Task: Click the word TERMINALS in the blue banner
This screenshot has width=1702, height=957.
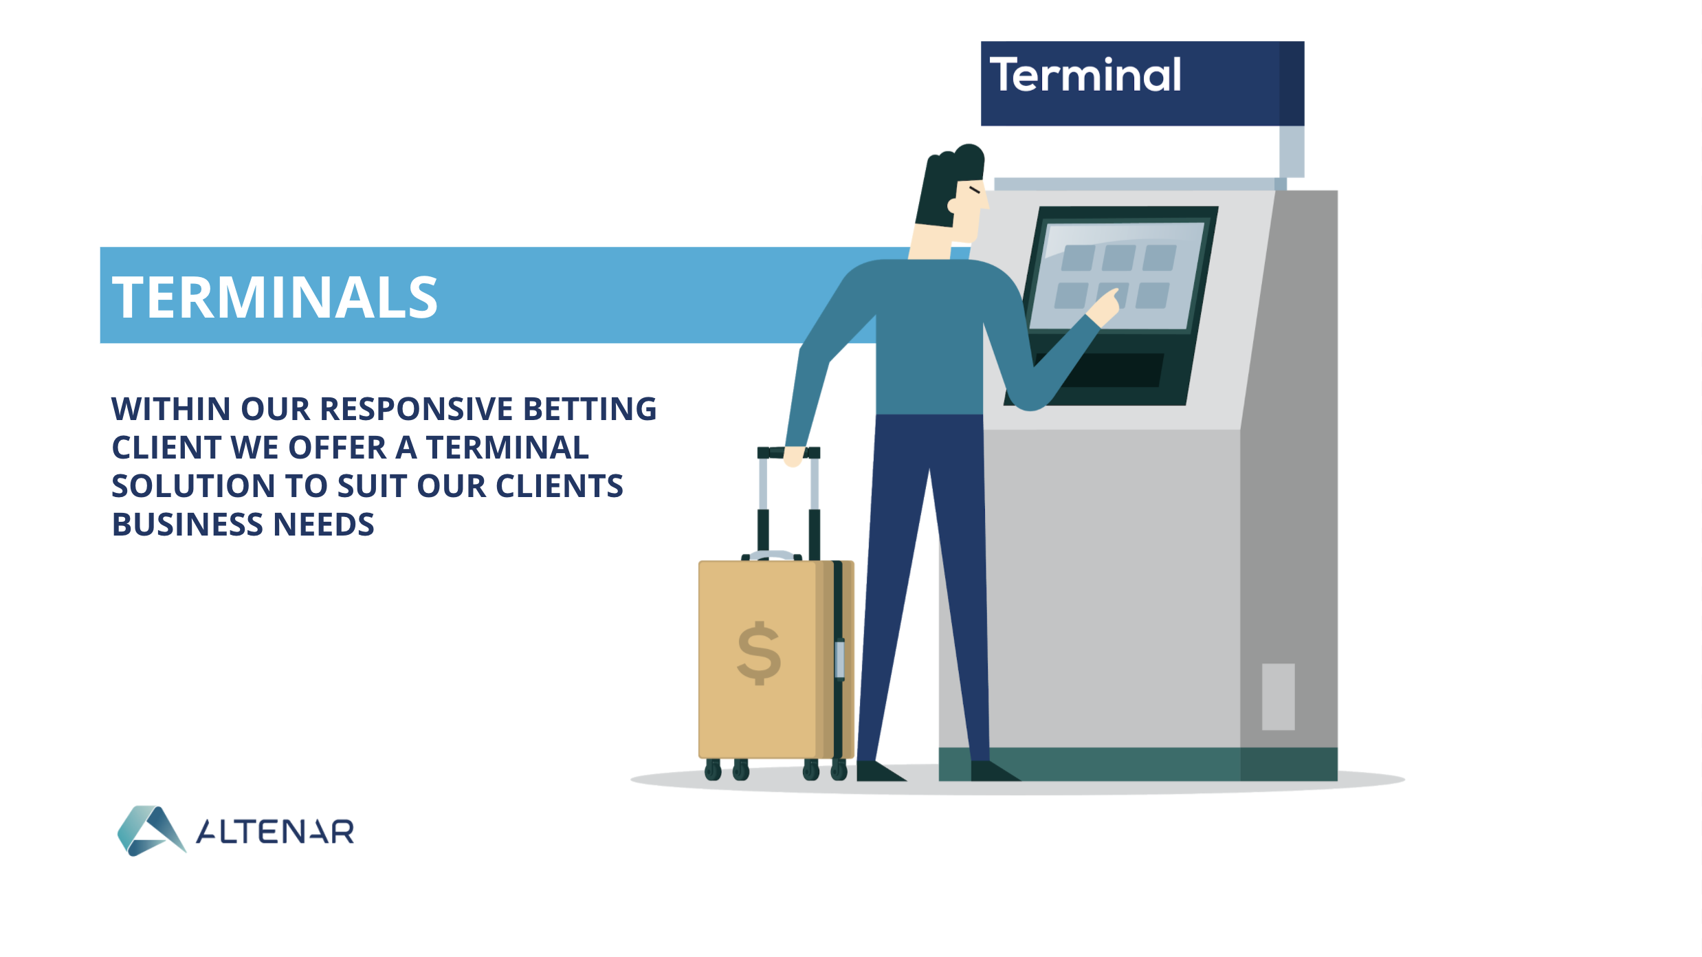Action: pyautogui.click(x=275, y=297)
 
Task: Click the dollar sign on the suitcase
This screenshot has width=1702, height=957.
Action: pyautogui.click(x=759, y=653)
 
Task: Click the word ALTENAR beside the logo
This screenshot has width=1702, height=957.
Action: pyautogui.click(x=275, y=831)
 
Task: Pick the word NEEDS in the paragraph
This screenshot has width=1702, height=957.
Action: pyautogui.click(x=324, y=525)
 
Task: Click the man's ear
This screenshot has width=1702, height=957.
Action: pyautogui.click(x=953, y=205)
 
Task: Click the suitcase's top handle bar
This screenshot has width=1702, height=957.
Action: pyautogui.click(x=788, y=452)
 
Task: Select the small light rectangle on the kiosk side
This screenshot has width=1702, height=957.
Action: pyautogui.click(x=1278, y=696)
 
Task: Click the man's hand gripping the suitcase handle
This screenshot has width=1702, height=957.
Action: pyautogui.click(x=793, y=456)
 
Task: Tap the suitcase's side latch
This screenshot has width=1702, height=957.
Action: pyautogui.click(x=839, y=659)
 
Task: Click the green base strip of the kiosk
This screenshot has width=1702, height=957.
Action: pyautogui.click(x=1138, y=764)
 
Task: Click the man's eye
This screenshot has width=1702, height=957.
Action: pyautogui.click(x=975, y=189)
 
